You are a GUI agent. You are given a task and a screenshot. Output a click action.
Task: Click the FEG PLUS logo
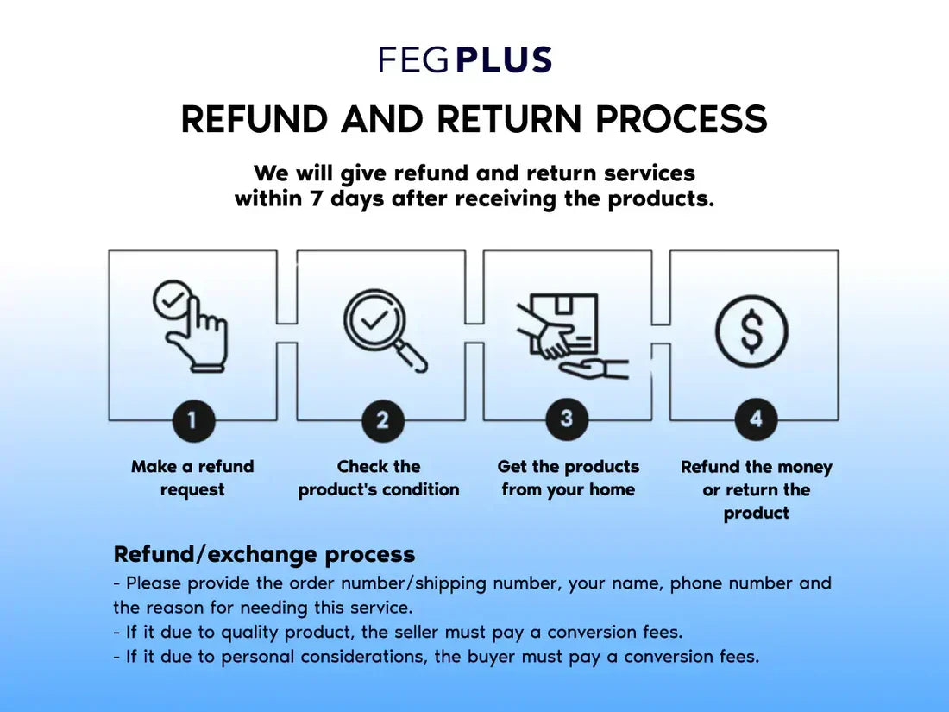(465, 60)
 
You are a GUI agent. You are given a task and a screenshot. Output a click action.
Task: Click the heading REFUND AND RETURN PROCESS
(474, 119)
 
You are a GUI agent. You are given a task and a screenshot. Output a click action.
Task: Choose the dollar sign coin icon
(752, 331)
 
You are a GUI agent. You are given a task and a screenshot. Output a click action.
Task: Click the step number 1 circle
(192, 420)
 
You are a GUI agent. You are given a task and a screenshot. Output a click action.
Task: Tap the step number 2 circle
(382, 420)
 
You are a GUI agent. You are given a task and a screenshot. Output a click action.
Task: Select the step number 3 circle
(567, 419)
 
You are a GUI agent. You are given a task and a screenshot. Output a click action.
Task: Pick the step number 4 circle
(756, 419)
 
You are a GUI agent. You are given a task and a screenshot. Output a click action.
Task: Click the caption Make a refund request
(192, 478)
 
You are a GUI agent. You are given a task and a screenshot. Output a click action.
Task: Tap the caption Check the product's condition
(379, 478)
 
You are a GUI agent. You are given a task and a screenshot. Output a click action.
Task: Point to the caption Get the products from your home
(569, 478)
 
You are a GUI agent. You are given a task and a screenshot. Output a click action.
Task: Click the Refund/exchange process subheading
(264, 553)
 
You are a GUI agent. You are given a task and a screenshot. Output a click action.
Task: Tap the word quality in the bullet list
(249, 633)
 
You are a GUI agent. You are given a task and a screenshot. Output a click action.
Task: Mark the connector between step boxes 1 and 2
(286, 333)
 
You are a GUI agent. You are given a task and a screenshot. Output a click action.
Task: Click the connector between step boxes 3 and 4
(661, 333)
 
